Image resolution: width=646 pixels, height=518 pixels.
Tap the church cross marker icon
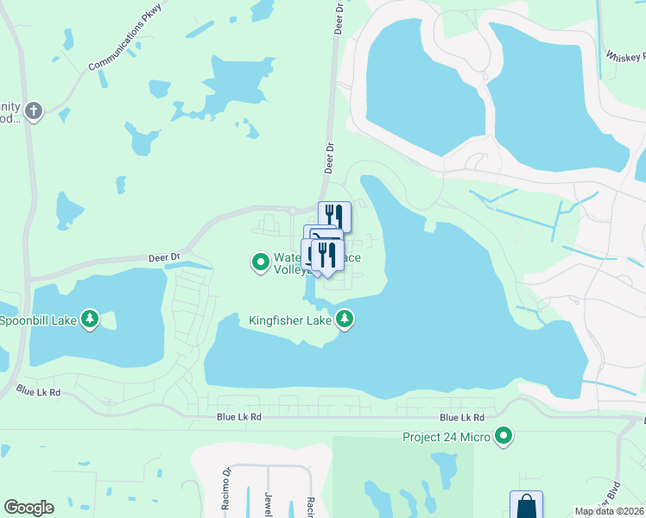click(x=34, y=111)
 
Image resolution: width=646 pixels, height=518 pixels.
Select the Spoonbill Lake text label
click(x=38, y=320)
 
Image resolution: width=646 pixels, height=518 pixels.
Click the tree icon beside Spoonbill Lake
click(x=90, y=319)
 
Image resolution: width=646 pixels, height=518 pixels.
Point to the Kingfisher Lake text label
click(x=290, y=320)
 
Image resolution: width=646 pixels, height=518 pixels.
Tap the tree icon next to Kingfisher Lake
click(x=345, y=319)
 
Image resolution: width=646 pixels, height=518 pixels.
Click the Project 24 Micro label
click(x=446, y=437)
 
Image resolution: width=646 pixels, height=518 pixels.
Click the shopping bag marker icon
click(x=526, y=505)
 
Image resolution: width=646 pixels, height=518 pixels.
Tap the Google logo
click(x=28, y=508)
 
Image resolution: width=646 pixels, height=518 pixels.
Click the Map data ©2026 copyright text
click(x=609, y=511)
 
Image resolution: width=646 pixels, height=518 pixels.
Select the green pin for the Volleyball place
click(x=259, y=261)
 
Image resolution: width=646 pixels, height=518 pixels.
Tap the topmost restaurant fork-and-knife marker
click(x=334, y=216)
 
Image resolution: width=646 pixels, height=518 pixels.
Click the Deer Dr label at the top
click(x=337, y=17)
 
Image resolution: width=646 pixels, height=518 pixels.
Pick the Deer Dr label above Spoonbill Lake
click(x=163, y=256)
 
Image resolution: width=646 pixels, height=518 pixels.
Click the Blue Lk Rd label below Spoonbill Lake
click(x=39, y=392)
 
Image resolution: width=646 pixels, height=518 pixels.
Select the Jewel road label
click(x=269, y=501)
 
